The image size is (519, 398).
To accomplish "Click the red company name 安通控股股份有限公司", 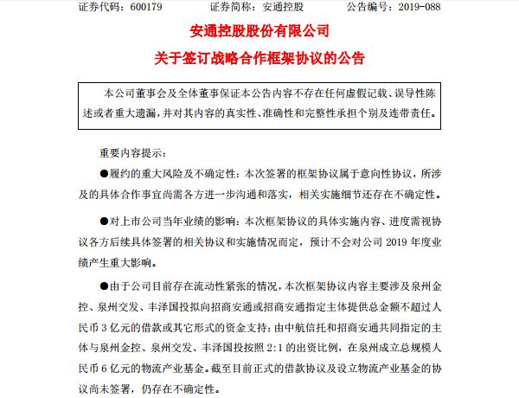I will click(259, 33).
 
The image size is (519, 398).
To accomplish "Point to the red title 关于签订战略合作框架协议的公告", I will click(259, 60).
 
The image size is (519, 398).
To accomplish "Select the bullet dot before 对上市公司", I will click(106, 221).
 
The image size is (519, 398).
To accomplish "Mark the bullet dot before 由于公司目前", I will click(106, 286).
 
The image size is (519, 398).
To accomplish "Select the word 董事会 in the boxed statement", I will click(159, 91).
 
